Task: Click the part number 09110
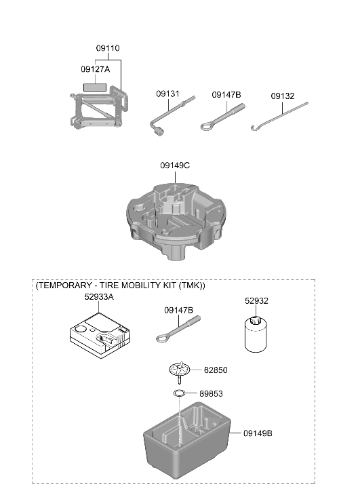pyautogui.click(x=108, y=48)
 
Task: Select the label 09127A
pyautogui.click(x=96, y=69)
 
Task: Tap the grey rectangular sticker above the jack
pyautogui.click(x=95, y=87)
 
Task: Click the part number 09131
pyautogui.click(x=167, y=94)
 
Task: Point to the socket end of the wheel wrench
pyautogui.click(x=158, y=132)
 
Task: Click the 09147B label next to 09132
pyautogui.click(x=226, y=95)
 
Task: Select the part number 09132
pyautogui.click(x=283, y=96)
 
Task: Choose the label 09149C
pyautogui.click(x=175, y=165)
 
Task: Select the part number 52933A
pyautogui.click(x=99, y=297)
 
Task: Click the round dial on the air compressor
pyautogui.click(x=81, y=329)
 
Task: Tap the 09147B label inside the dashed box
pyautogui.click(x=178, y=311)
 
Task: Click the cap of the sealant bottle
pyautogui.click(x=254, y=321)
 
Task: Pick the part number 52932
pyautogui.click(x=256, y=301)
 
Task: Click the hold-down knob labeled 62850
pyautogui.click(x=180, y=371)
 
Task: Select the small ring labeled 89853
pyautogui.click(x=179, y=393)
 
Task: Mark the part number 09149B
pyautogui.click(x=258, y=433)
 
